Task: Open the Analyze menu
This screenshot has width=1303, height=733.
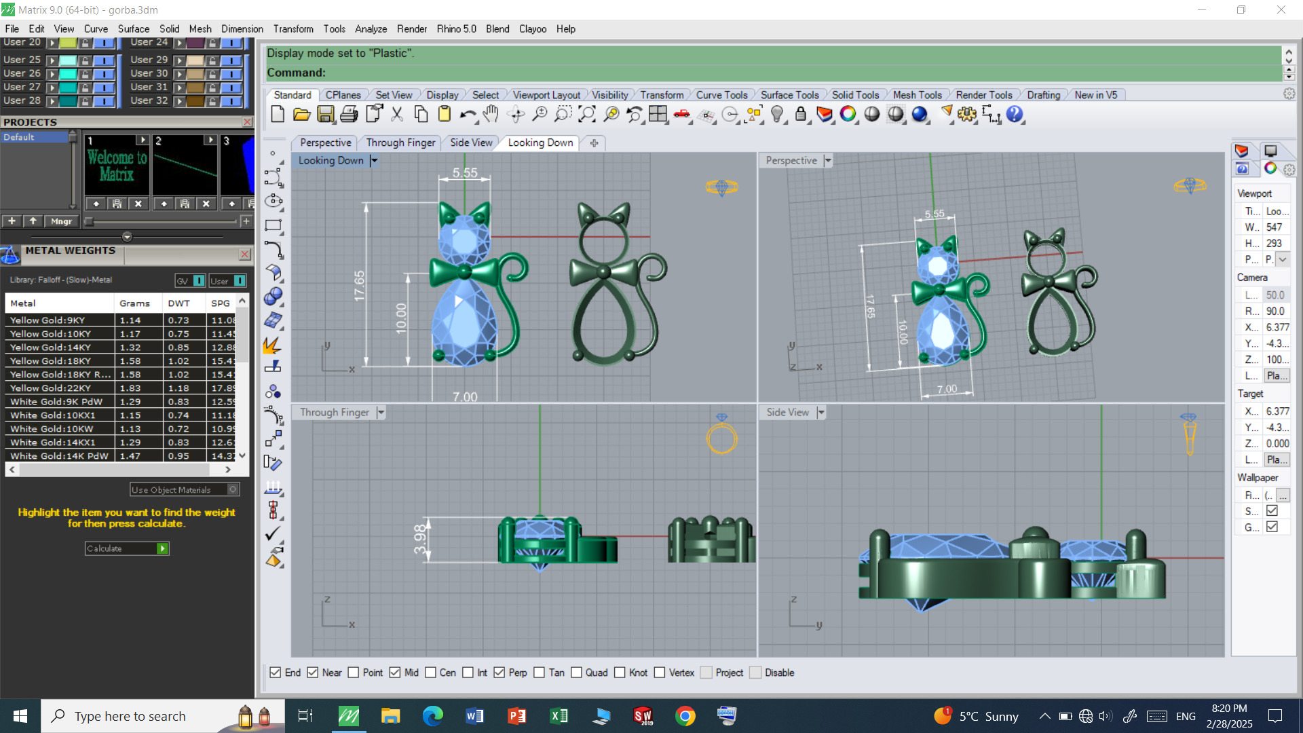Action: coord(371,29)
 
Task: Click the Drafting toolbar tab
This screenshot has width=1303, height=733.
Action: coord(1043,95)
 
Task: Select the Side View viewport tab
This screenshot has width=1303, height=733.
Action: coord(471,143)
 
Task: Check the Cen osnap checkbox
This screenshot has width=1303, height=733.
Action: coord(431,673)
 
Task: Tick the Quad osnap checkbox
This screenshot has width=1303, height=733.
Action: coord(577,673)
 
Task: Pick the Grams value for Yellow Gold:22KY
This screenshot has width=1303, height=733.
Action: coord(130,388)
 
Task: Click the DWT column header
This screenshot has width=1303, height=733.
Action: coord(179,303)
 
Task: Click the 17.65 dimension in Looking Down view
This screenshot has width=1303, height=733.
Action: coord(360,286)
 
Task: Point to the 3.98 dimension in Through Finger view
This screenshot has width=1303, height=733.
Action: coord(421,539)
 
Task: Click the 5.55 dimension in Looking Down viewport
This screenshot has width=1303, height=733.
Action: coord(466,173)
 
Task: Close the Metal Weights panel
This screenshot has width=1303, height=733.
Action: coord(245,255)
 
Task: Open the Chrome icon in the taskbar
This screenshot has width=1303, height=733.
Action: coord(685,716)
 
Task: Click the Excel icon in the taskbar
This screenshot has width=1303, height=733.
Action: coord(559,716)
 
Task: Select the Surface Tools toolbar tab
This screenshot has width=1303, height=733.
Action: coord(789,95)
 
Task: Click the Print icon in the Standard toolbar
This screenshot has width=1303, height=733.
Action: coord(349,115)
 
